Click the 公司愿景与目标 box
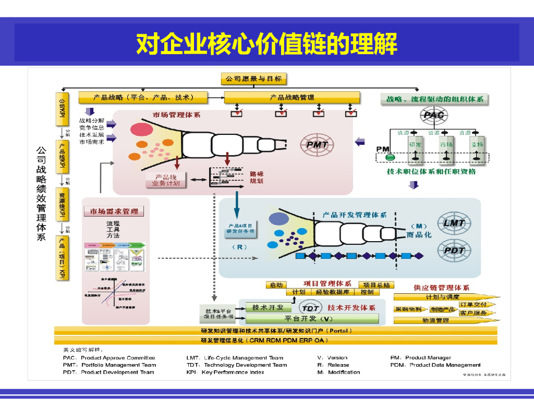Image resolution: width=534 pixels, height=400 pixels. tap(253, 79)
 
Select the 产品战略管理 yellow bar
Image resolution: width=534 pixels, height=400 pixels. tap(292, 97)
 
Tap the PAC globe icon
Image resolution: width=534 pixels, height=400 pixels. tap(433, 115)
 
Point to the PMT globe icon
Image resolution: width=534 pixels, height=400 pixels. tap(317, 145)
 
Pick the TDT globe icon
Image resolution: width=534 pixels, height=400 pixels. tap(311, 308)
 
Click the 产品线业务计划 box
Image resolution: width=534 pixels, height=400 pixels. tap(165, 180)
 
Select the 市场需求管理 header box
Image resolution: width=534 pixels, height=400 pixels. tap(114, 211)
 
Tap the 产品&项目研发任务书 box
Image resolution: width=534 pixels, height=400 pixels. tap(240, 229)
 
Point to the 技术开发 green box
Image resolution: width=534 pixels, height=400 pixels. tap(268, 307)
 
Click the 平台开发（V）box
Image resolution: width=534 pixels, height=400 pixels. tap(308, 318)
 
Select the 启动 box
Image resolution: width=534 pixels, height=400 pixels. tap(276, 285)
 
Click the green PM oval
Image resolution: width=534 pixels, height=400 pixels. tap(390, 157)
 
